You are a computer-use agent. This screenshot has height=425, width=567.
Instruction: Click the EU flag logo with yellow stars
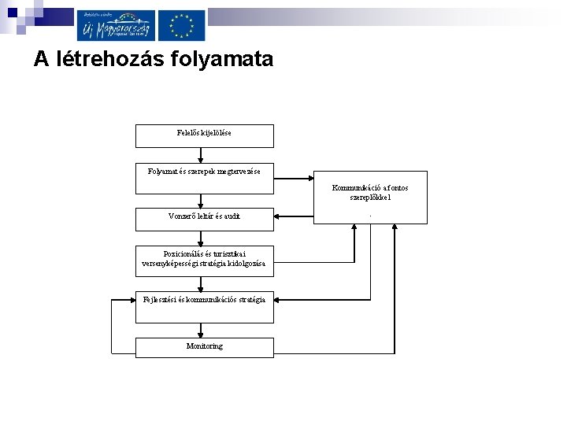coord(181,24)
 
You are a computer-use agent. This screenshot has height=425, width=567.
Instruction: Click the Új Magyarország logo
coord(115,24)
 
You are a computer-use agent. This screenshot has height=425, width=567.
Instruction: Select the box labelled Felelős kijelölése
coord(204,135)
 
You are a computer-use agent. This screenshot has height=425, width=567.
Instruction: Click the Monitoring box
coord(204,347)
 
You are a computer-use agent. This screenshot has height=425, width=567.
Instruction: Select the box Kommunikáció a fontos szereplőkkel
coord(370,197)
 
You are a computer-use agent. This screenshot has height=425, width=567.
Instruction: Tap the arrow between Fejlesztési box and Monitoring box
coord(204,330)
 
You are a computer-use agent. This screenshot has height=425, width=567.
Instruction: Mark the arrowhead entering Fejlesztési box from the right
coord(279,300)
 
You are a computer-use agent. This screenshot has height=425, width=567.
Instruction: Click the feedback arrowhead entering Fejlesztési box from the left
coord(131,300)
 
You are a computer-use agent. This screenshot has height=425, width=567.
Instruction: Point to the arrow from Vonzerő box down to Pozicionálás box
coord(204,238)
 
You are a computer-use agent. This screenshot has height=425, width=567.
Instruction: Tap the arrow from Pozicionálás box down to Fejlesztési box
coord(204,282)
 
